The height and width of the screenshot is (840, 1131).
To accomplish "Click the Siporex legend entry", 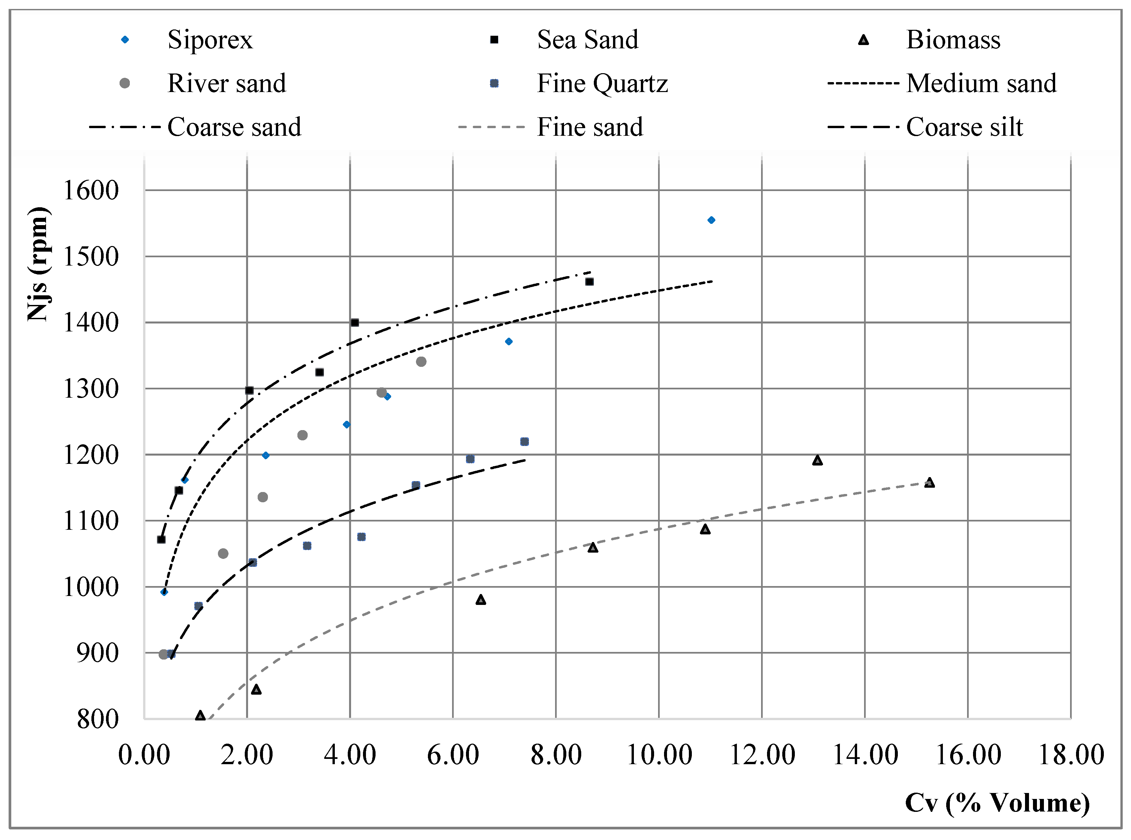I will [x=210, y=40].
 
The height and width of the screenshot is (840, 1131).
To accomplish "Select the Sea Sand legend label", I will [x=588, y=40].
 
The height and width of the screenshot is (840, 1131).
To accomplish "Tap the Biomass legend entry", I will [x=953, y=40].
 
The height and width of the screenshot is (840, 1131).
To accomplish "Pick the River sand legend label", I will [x=227, y=83].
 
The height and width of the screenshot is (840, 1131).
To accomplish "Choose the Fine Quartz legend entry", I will [x=602, y=83].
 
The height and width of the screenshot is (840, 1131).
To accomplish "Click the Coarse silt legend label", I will [x=964, y=127].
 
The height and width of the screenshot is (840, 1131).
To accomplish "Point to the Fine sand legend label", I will [x=590, y=127].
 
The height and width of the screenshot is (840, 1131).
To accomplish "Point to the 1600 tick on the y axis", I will [x=90, y=191].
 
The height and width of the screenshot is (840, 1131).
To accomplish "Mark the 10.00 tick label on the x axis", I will [x=659, y=755].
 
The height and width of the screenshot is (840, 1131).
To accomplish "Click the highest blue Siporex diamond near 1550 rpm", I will [x=711, y=220].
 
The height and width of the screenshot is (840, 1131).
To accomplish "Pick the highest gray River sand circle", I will [x=421, y=362].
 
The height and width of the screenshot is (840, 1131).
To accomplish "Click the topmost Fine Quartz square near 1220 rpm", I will [x=524, y=441].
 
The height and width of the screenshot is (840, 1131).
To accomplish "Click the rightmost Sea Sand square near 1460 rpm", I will [x=590, y=282].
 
